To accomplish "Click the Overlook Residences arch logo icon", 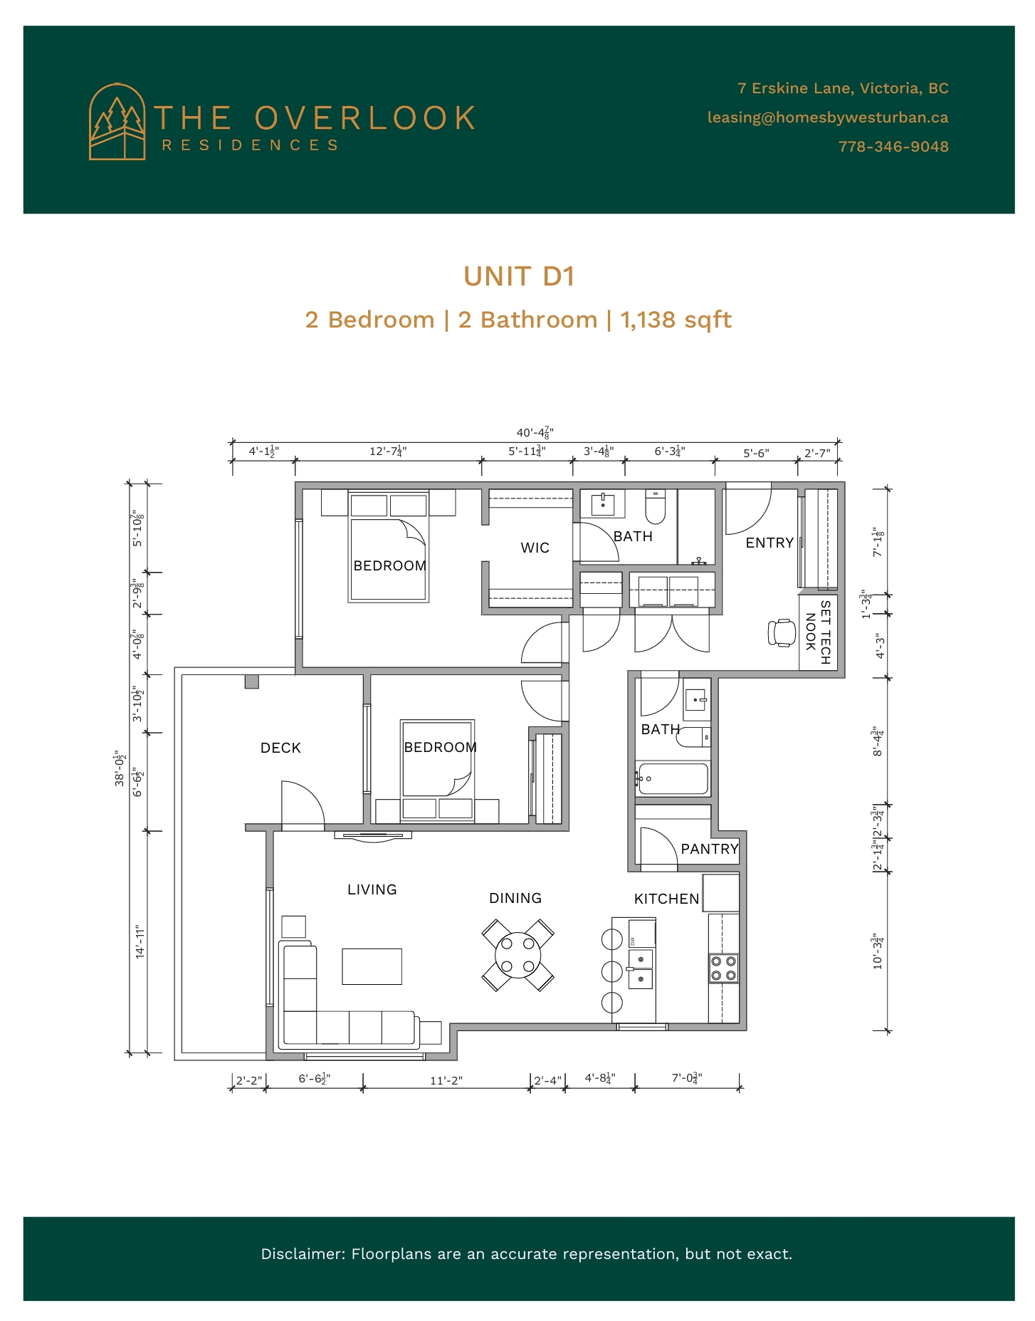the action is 117,122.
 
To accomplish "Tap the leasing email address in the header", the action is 828,118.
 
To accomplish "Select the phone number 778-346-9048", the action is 893,147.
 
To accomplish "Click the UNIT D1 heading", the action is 519,276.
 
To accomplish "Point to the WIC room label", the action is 535,548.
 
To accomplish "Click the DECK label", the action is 280,748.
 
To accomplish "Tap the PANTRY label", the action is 710,849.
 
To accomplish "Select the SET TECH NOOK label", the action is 818,632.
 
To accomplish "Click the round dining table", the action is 518,955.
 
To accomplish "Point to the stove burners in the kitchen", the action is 724,968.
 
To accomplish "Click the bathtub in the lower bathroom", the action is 673,779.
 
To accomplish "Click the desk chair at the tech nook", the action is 782,632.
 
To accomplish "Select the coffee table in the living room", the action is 372,966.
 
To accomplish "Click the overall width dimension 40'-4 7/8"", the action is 535,432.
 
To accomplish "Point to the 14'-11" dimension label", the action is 140,942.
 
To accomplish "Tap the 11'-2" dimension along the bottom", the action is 446,1080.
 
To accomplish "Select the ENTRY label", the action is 769,543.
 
